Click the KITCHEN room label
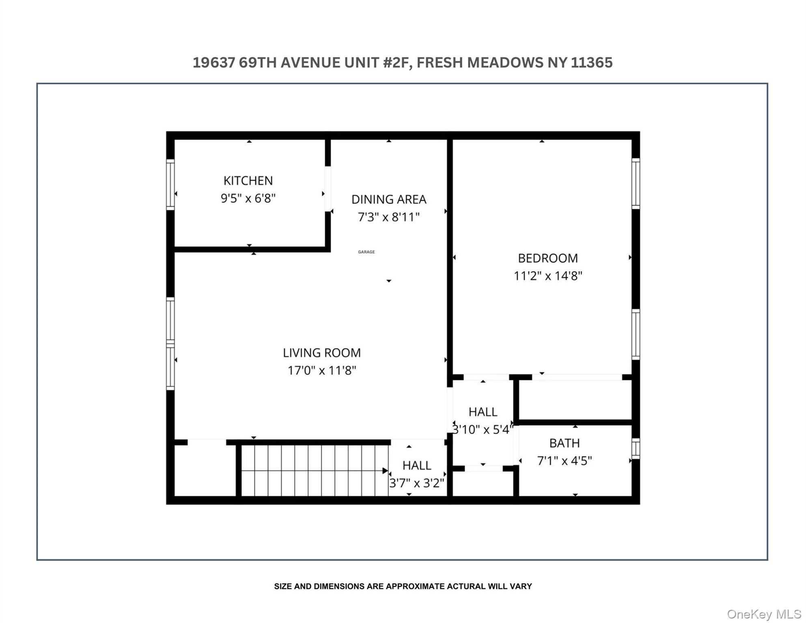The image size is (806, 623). pyautogui.click(x=248, y=180)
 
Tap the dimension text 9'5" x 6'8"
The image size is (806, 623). pyautogui.click(x=248, y=198)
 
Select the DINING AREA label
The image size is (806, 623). pyautogui.click(x=389, y=200)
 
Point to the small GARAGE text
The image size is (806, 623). pyautogui.click(x=366, y=252)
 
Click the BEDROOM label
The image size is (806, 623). pyautogui.click(x=547, y=258)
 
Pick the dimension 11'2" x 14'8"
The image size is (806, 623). pyautogui.click(x=547, y=276)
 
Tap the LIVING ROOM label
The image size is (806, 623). pyautogui.click(x=321, y=353)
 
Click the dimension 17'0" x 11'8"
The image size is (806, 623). pyautogui.click(x=321, y=371)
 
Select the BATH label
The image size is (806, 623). pyautogui.click(x=564, y=443)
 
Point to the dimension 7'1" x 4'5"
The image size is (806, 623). pyautogui.click(x=564, y=461)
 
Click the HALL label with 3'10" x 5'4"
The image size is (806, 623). pyautogui.click(x=483, y=412)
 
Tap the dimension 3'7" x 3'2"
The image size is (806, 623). pyautogui.click(x=416, y=483)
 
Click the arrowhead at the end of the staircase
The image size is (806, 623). pyautogui.click(x=385, y=471)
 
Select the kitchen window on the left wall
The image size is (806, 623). pyautogui.click(x=170, y=185)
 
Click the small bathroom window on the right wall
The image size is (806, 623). pyautogui.click(x=636, y=449)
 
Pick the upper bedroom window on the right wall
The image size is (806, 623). pyautogui.click(x=636, y=183)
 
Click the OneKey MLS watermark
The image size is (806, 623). pyautogui.click(x=763, y=614)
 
